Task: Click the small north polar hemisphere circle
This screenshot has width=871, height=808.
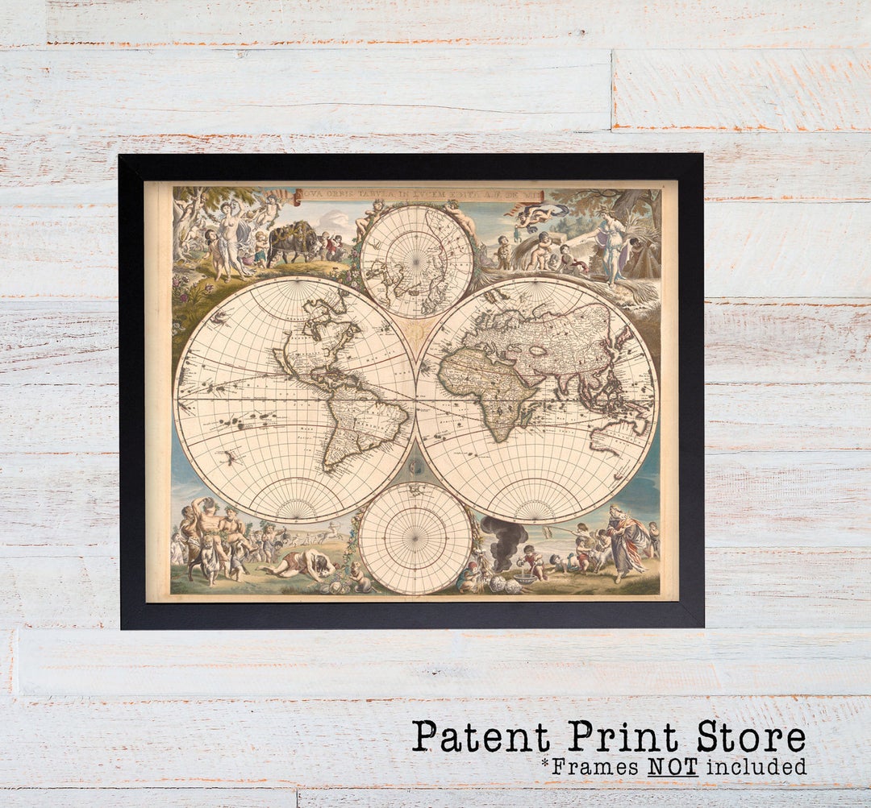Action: tap(416, 261)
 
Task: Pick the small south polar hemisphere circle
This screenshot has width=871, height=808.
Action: tap(415, 538)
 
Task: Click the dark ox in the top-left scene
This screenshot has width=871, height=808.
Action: tap(292, 239)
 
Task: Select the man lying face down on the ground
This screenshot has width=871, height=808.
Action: tap(302, 562)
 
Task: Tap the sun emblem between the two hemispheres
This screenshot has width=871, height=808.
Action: tap(416, 330)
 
